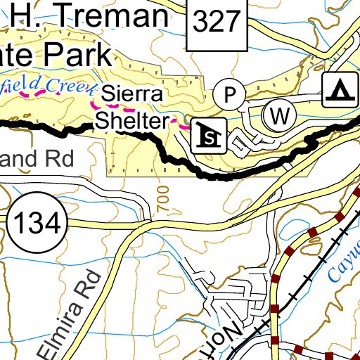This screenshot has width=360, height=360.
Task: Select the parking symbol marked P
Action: pyautogui.click(x=229, y=94)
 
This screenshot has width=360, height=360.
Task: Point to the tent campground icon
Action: pyautogui.click(x=340, y=91)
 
